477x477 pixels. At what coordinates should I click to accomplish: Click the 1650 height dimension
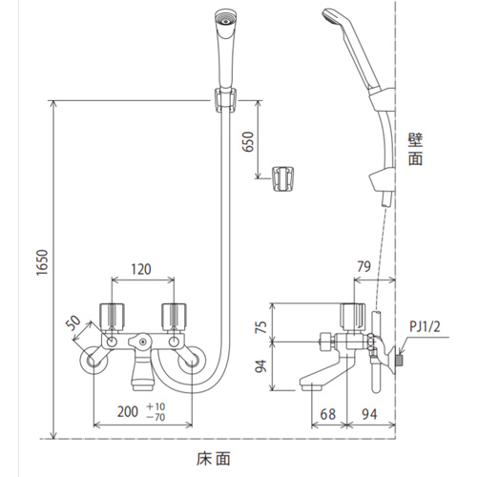[42, 262]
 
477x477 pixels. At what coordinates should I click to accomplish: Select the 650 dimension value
[248, 141]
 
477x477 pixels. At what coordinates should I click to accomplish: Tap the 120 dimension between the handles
[141, 269]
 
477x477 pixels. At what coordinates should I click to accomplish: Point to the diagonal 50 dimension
[73, 322]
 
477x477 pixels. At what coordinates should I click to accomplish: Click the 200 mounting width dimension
[128, 411]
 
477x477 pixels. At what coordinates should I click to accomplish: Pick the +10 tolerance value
[156, 406]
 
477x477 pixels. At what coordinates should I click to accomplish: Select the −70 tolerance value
[156, 417]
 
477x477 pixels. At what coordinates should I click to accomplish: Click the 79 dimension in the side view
[364, 266]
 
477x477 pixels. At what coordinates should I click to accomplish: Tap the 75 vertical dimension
[260, 326]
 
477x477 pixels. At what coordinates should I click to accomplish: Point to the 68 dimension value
[328, 414]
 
